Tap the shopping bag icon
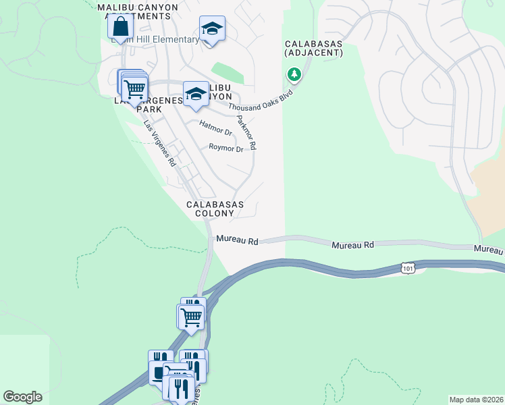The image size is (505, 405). point(120,28)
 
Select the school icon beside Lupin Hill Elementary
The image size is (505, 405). point(212,29)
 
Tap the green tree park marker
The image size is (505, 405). point(294,74)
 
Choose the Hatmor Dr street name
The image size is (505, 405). point(216,128)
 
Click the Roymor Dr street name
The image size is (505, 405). point(225,148)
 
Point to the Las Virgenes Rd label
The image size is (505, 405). point(160,144)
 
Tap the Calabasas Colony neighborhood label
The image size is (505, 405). point(215,209)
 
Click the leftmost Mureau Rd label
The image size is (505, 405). point(238,240)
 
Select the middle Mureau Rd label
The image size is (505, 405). point(352,244)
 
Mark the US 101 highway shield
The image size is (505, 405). point(406,267)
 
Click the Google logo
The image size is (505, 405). point(23,397)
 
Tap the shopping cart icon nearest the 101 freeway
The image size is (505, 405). point(192,316)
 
